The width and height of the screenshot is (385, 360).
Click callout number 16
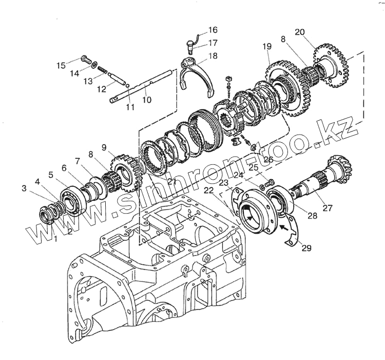pos(213,30)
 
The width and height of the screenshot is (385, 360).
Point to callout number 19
pos(267,47)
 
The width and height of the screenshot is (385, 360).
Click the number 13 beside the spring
pos(88,81)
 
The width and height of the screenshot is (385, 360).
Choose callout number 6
pos(64,168)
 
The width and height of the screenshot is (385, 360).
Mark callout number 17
pos(213,43)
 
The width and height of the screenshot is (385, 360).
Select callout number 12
pos(102,89)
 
